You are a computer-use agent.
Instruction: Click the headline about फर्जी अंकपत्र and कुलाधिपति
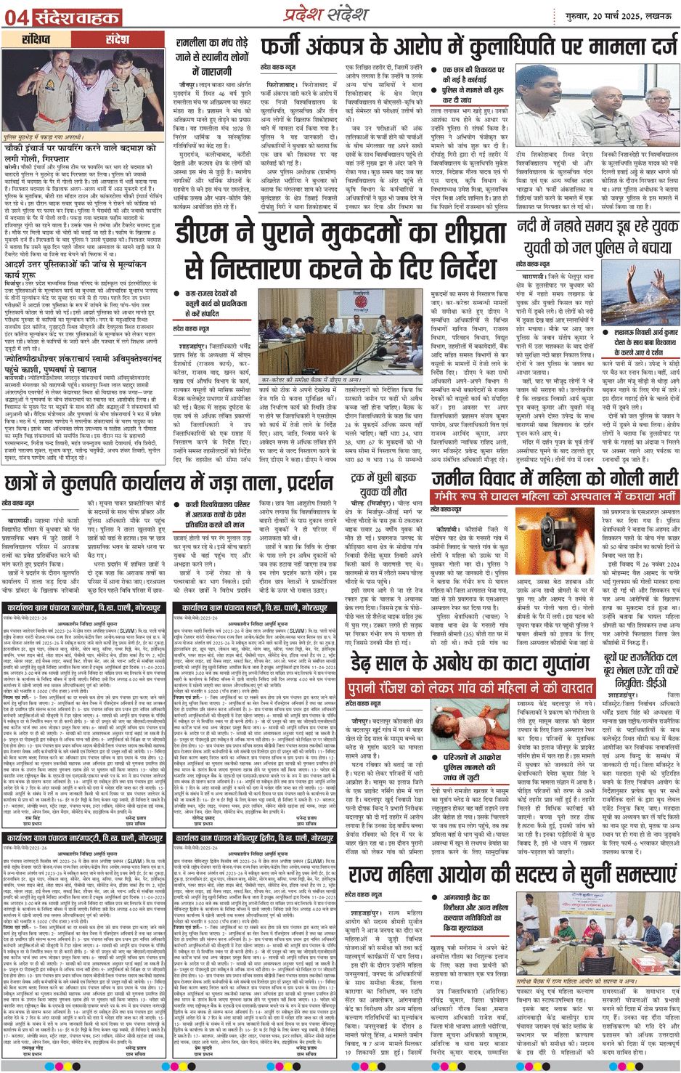tap(469, 47)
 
